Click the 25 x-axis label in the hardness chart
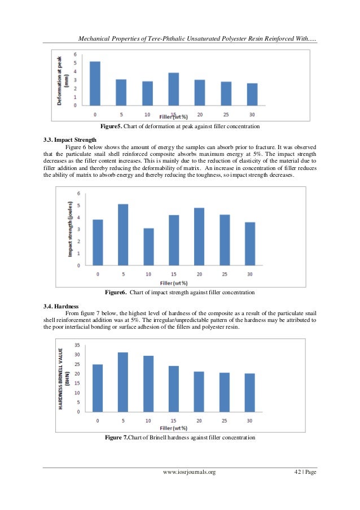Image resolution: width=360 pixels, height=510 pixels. click(x=225, y=420)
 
